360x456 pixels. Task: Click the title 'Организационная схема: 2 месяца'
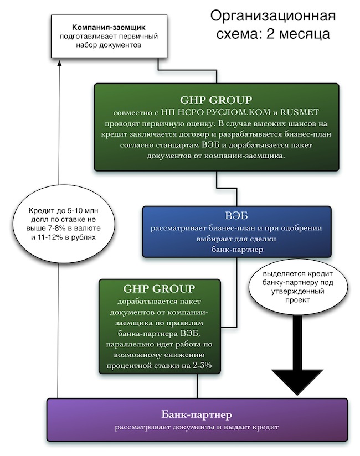point(272,24)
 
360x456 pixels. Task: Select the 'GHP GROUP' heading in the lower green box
point(159,288)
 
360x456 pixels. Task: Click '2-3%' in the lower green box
point(199,366)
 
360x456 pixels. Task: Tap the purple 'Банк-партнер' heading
point(196,414)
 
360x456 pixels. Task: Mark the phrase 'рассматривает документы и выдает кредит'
point(196,427)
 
